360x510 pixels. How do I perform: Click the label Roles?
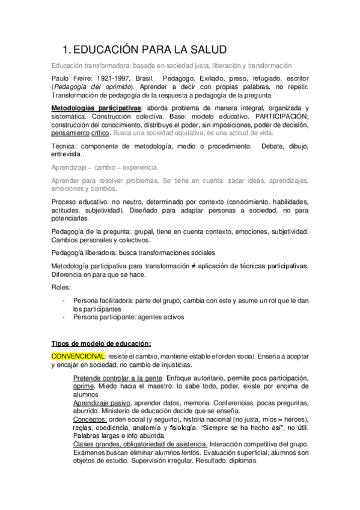pyautogui.click(x=60, y=287)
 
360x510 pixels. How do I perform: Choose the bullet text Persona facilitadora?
pyautogui.click(x=106, y=300)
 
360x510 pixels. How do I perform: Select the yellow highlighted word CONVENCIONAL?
pyautogui.click(x=78, y=356)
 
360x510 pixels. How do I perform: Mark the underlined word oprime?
pyautogui.click(x=83, y=386)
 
